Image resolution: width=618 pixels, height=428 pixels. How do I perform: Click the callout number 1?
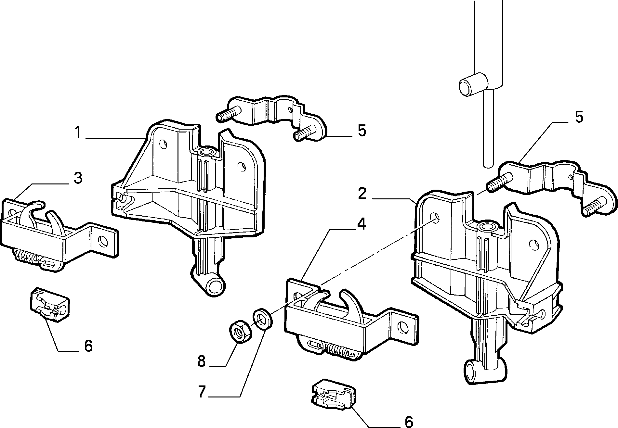pos(78,132)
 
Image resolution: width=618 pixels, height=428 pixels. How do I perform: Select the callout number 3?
pos(78,178)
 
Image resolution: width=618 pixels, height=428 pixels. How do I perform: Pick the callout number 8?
pos(202,361)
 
